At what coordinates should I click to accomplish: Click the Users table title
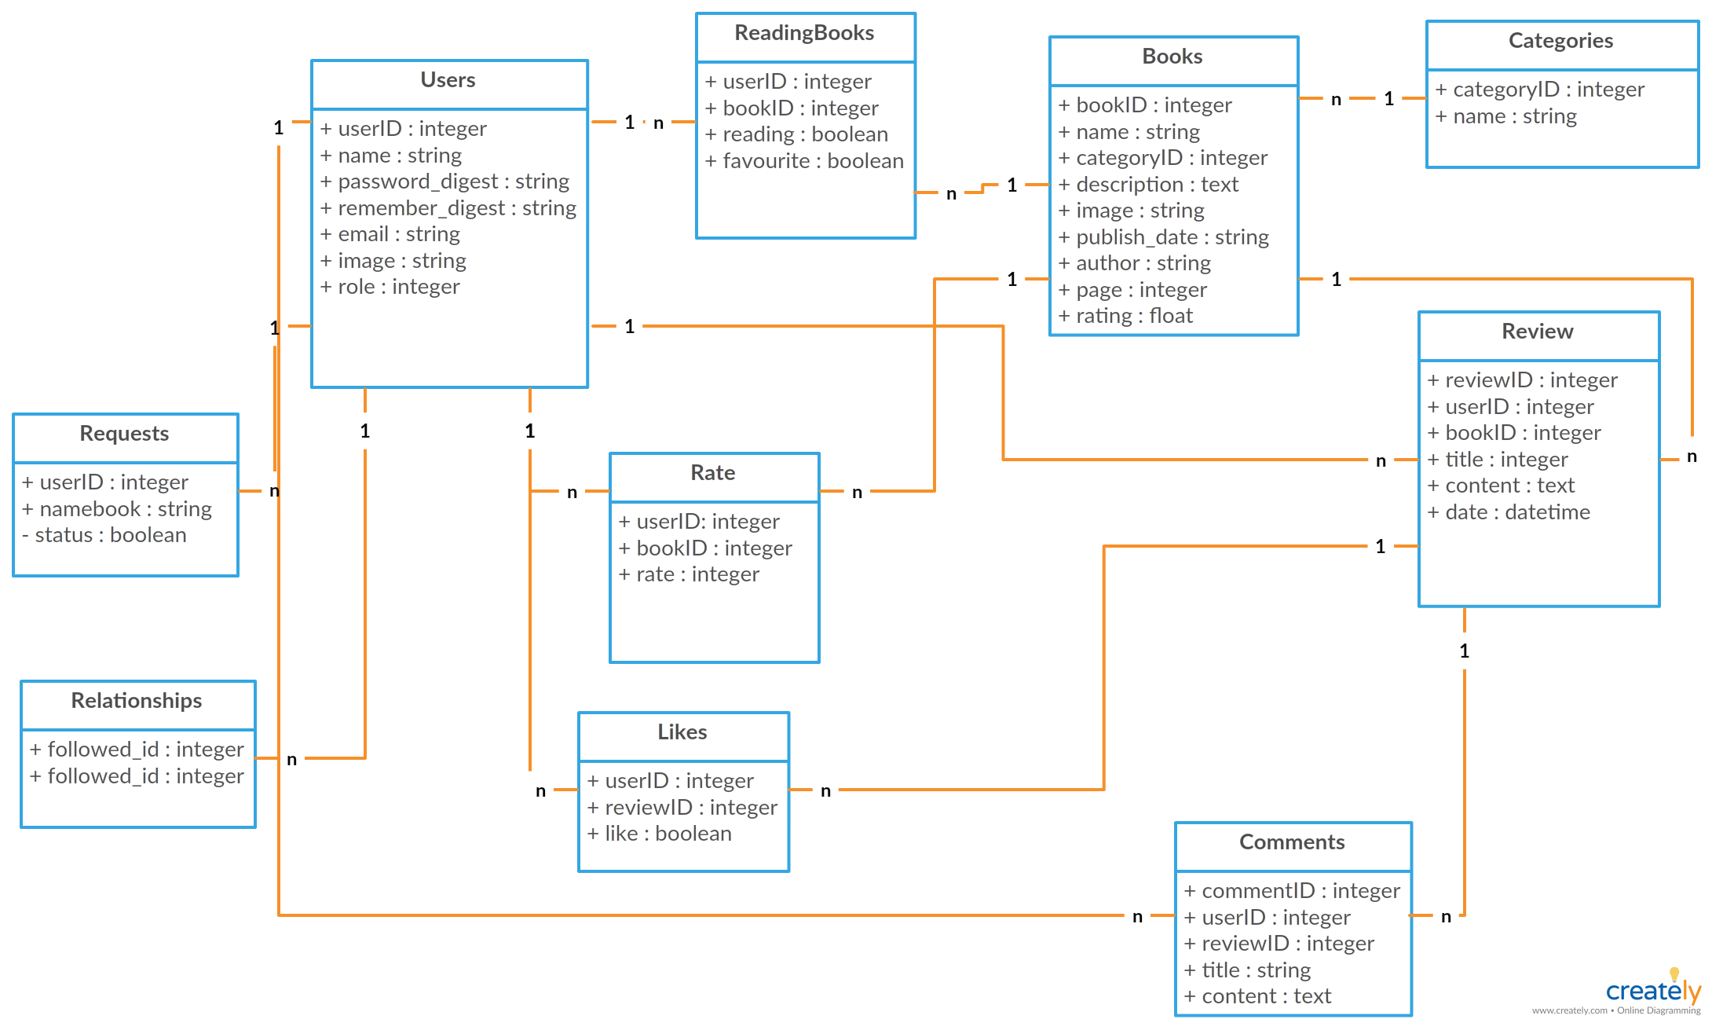point(448,80)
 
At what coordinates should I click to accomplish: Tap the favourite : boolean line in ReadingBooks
point(804,161)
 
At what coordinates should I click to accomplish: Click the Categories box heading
point(1560,41)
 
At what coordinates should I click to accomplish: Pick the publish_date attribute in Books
point(1163,237)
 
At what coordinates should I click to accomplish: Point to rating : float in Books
point(1125,316)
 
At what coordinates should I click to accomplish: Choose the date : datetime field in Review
point(1508,512)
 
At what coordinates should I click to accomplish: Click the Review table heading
point(1537,332)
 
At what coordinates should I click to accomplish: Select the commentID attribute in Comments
point(1291,891)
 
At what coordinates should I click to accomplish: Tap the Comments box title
point(1292,842)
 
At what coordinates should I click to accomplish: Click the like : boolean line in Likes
point(659,834)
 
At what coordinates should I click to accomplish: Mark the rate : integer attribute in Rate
point(688,574)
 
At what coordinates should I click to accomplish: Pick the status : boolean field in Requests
point(104,535)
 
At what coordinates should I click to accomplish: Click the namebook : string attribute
point(116,509)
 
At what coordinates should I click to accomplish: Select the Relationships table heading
point(137,701)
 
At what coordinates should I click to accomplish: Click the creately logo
point(1652,990)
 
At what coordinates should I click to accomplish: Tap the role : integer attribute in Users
point(390,287)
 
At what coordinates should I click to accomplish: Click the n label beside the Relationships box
point(291,759)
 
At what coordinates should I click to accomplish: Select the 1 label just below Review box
point(1464,651)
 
